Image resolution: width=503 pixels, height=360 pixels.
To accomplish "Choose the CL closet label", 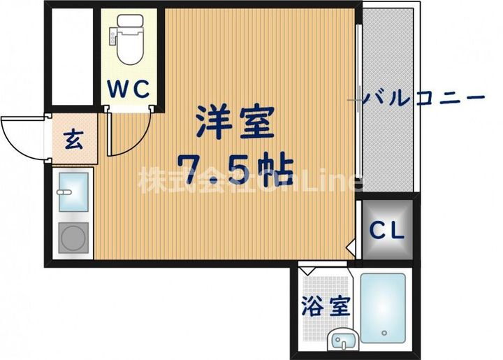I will click(x=386, y=231).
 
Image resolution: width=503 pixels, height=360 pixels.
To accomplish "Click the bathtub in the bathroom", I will click(x=383, y=308).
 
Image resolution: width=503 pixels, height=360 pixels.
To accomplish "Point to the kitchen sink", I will click(x=73, y=191).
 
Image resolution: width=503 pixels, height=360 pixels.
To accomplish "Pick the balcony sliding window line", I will click(x=358, y=105).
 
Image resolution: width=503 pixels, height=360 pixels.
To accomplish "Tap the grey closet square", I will click(x=386, y=231).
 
